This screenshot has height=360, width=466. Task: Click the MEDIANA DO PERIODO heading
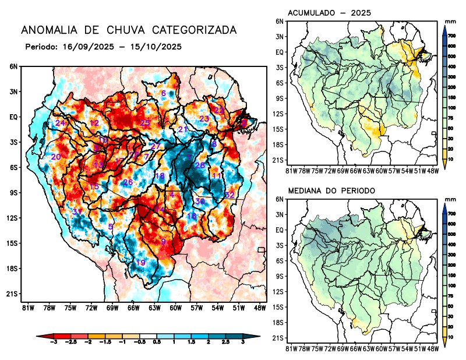[331, 190]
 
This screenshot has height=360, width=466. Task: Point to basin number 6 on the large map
[164, 93]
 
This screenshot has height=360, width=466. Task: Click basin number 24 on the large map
[60, 123]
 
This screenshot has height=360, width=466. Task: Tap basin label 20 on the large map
[56, 157]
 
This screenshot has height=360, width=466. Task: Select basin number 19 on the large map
[140, 263]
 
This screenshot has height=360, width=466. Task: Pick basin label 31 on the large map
[77, 211]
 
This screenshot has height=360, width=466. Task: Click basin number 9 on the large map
[164, 242]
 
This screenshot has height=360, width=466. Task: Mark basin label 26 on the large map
[128, 182]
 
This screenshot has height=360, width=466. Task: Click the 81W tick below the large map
[27, 308]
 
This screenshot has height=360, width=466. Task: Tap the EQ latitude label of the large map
[13, 117]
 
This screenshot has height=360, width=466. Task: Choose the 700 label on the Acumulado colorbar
[451, 36]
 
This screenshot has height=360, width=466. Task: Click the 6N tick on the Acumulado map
[280, 21]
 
